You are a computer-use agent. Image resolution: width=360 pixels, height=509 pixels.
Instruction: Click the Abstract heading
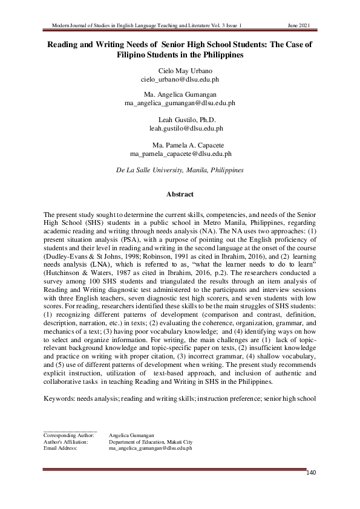pos(180,195)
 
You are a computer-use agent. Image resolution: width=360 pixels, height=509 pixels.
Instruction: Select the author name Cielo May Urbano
pos(180,71)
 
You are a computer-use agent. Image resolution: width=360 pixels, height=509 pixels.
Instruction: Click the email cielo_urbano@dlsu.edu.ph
pos(180,79)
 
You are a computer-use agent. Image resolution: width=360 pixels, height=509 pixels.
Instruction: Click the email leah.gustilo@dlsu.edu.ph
pos(186,128)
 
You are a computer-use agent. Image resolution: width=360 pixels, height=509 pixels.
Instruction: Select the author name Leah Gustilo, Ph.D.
pos(186,120)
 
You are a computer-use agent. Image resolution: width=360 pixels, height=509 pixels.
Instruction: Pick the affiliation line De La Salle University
pos(180,170)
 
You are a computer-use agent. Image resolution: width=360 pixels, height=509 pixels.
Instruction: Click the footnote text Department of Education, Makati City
pos(150,442)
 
